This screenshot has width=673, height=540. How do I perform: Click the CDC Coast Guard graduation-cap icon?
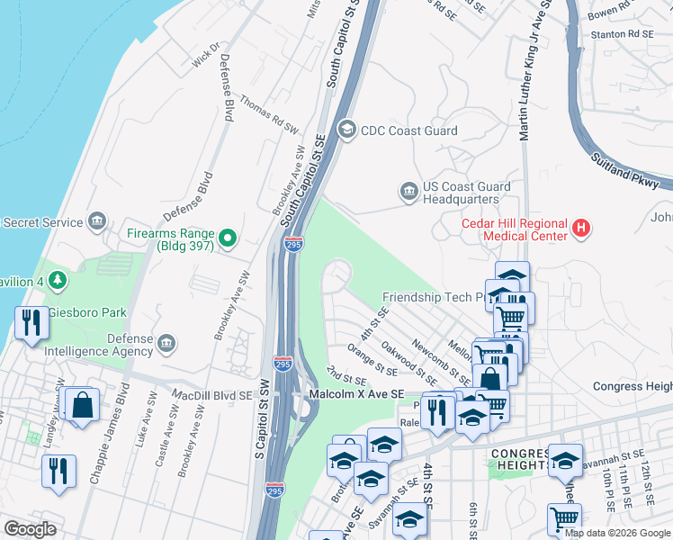346,130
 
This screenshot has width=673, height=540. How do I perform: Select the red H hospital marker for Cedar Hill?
581,229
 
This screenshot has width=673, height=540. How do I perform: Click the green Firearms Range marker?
228,238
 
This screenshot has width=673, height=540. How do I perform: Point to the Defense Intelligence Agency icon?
166,343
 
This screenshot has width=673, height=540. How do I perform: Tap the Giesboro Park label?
89,313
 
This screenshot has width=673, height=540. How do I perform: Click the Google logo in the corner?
30,529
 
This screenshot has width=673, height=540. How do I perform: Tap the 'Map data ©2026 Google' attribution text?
617,533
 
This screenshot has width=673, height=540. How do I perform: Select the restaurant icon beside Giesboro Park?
31,322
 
